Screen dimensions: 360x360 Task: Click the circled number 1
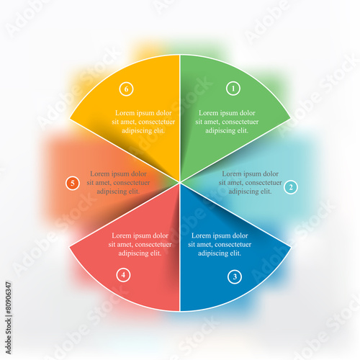click(233, 89)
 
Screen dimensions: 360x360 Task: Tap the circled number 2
click(291, 187)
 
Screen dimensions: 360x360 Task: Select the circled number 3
click(235, 276)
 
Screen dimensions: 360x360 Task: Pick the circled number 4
click(123, 275)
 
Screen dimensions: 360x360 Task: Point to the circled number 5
click(72, 183)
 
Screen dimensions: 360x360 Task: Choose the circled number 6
click(126, 89)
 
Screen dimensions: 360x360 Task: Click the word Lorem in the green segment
click(208, 113)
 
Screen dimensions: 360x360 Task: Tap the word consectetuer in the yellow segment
click(157, 122)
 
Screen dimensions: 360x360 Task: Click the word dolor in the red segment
click(161, 235)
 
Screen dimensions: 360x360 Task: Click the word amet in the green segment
click(212, 122)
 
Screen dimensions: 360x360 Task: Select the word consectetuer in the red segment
click(153, 245)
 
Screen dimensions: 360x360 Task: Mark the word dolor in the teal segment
click(271, 174)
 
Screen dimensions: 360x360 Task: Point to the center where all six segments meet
click(180, 183)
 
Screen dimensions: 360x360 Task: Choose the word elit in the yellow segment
click(159, 130)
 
